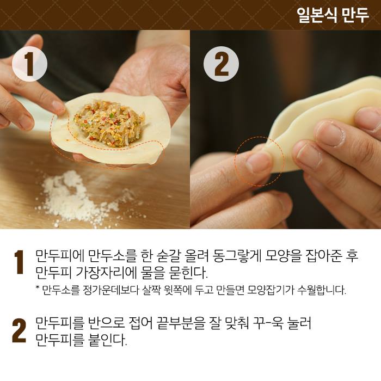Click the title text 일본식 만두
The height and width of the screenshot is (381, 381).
333,15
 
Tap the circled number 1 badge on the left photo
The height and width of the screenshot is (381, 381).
29,64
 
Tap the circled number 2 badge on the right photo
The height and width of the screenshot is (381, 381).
221,64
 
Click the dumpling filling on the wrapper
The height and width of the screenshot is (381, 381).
110,124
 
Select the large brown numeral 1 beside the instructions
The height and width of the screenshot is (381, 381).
19,262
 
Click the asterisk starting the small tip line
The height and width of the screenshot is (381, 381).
38,288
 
